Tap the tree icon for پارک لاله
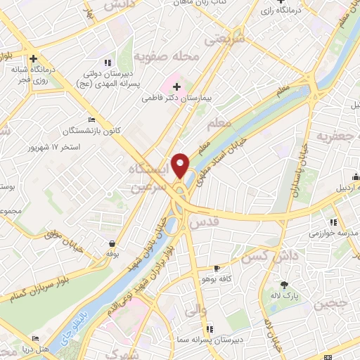283,285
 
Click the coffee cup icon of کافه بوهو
217,269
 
